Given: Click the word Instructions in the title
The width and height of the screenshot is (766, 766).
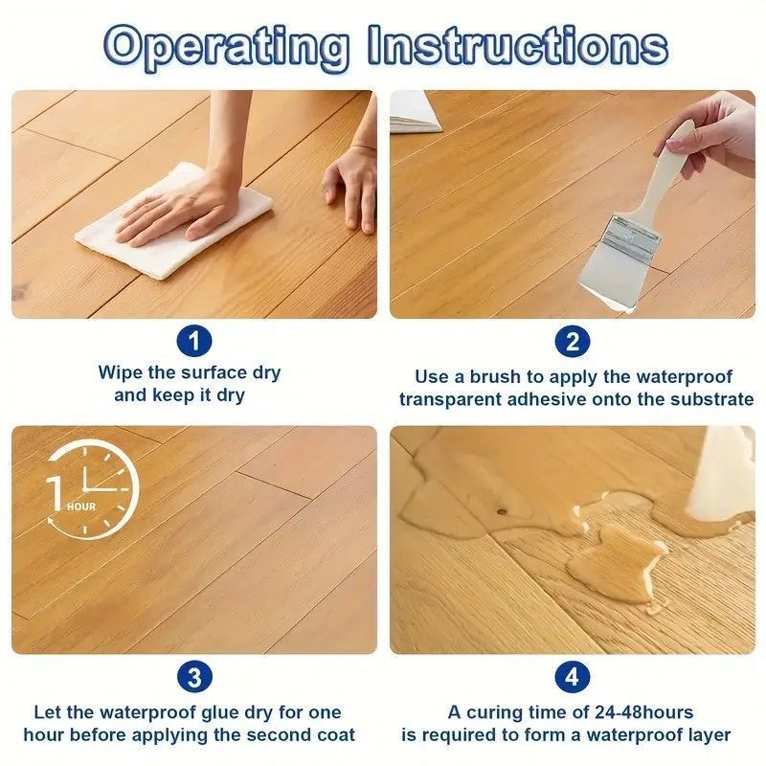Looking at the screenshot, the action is point(518,45).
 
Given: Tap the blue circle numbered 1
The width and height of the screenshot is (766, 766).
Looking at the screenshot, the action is point(194,341).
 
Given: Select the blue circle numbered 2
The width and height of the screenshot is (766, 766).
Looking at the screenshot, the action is point(573,341).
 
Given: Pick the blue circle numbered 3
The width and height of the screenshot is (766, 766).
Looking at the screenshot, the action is point(194,677).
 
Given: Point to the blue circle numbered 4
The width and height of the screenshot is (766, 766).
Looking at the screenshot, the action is point(573,677).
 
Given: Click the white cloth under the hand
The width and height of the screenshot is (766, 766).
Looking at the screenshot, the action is point(174,222).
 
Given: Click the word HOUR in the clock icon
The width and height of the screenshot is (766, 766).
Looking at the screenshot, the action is point(81,507).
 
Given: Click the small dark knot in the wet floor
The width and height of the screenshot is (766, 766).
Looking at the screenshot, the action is point(501,511).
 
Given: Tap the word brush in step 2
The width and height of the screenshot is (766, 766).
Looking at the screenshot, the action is point(494,376).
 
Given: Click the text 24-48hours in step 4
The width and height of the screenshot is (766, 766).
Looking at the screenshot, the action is point(643,712).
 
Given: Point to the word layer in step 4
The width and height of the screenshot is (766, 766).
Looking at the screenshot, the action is point(707,736).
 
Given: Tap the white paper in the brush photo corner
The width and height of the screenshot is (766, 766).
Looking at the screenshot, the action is point(415,111).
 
